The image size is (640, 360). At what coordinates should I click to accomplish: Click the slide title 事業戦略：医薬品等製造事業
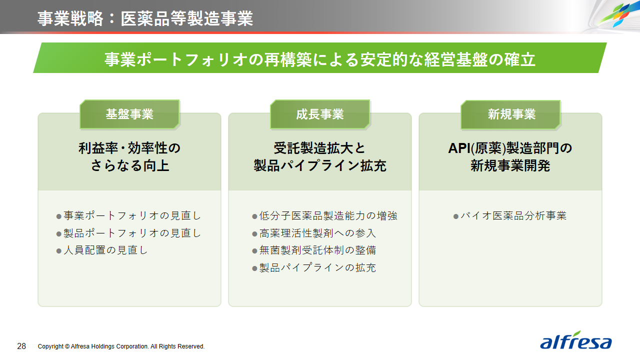click(x=145, y=18)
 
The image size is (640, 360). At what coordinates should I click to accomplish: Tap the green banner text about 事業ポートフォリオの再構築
click(x=319, y=59)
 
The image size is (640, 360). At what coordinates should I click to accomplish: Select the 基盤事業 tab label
click(x=129, y=114)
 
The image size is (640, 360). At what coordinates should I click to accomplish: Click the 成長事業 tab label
click(x=319, y=114)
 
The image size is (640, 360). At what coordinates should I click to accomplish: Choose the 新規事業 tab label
click(x=511, y=114)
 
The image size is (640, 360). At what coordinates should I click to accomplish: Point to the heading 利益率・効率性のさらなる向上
click(x=129, y=157)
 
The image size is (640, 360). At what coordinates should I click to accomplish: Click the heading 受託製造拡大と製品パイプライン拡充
click(x=319, y=157)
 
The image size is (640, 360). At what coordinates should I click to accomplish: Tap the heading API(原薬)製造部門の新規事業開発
click(x=510, y=157)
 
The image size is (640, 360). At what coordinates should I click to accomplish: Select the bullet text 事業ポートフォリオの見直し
click(x=132, y=215)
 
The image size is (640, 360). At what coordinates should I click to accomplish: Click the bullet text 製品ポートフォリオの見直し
click(x=132, y=233)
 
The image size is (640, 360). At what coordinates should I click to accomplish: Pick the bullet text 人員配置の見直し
click(x=105, y=250)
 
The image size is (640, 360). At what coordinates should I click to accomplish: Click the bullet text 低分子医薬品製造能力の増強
click(x=328, y=215)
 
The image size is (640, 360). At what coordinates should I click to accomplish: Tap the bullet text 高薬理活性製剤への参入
click(x=317, y=233)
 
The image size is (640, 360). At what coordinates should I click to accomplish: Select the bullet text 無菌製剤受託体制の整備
click(x=317, y=250)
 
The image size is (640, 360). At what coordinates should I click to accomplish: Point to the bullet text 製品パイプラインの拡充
click(x=317, y=267)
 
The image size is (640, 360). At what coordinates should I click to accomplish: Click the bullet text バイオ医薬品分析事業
click(x=513, y=215)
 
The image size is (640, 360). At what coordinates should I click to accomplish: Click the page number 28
click(x=21, y=346)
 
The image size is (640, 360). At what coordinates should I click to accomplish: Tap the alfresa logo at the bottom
click(x=575, y=340)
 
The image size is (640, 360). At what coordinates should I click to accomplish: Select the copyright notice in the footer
click(x=121, y=346)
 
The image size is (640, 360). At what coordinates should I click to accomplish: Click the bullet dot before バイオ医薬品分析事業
click(x=456, y=216)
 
